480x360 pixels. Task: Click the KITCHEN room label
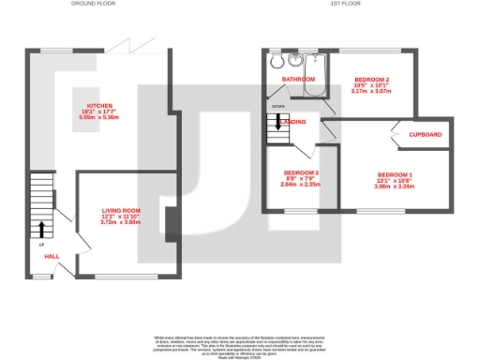click(x=99, y=105)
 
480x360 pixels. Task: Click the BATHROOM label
click(x=299, y=80)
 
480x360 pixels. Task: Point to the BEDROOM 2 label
click(x=368, y=79)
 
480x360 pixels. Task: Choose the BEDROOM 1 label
click(x=395, y=174)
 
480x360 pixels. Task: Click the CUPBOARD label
click(x=426, y=134)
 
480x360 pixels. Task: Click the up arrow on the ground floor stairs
click(x=41, y=228)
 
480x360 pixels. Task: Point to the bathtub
click(x=318, y=73)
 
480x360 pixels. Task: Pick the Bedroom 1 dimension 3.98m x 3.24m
click(x=395, y=186)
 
